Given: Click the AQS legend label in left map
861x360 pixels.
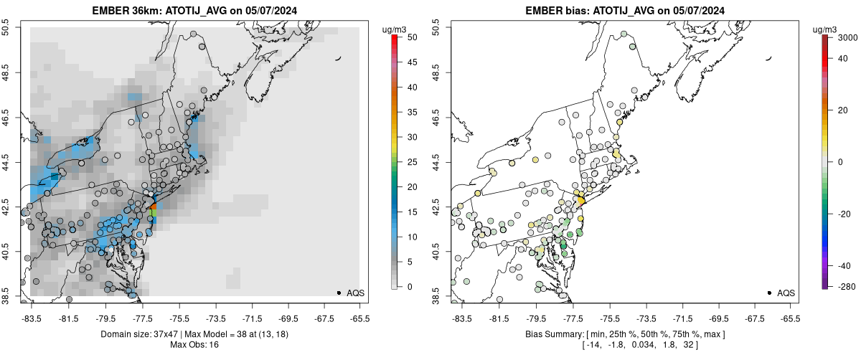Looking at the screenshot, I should click(x=356, y=293).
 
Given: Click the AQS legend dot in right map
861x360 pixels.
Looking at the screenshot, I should click(x=769, y=293).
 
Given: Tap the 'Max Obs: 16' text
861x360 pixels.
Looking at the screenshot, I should click(x=194, y=345).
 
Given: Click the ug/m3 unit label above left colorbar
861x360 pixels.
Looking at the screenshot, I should click(x=397, y=29).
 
